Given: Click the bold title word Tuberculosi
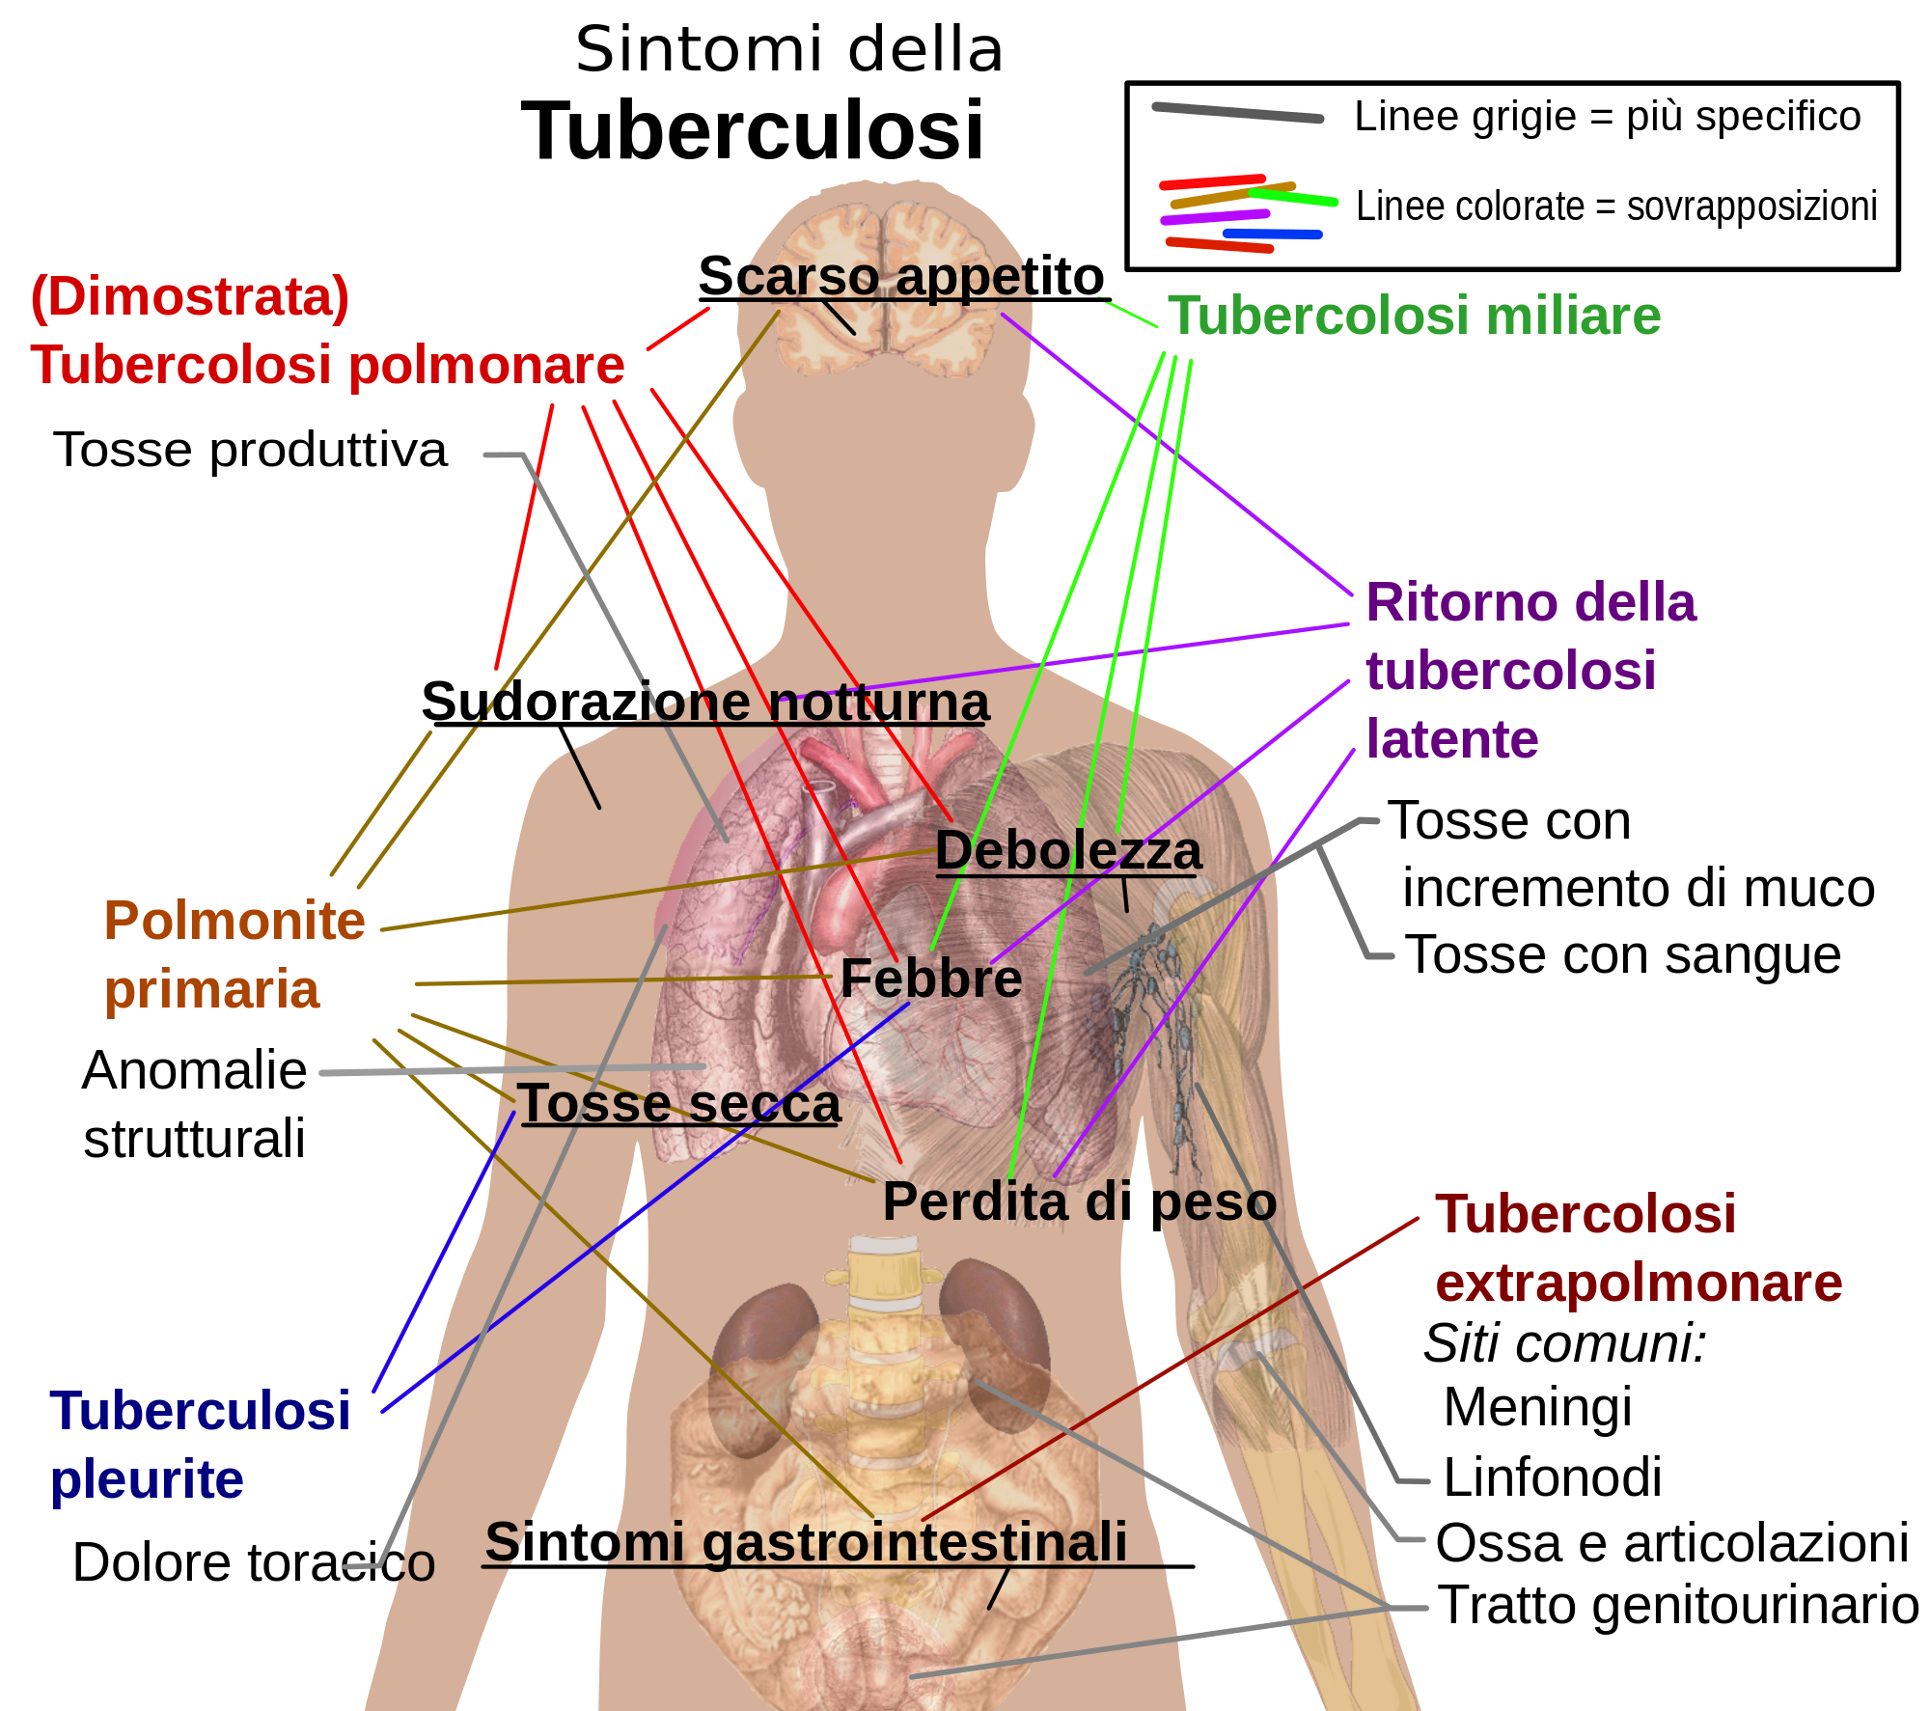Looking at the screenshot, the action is coord(753,130).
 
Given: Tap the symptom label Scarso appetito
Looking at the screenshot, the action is coord(901,277).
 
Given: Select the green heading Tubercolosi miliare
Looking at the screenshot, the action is coord(1415,316).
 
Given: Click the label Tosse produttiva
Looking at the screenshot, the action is coord(251,450).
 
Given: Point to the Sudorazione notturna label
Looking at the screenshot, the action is coord(705,702).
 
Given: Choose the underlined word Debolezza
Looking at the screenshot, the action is coord(1068,851).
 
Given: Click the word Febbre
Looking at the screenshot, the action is coord(931,979).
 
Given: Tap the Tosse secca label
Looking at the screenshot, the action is coord(679,1103).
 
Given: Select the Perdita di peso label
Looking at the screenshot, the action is coord(1080,1202).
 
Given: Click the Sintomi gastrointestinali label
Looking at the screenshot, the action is coord(806,1542).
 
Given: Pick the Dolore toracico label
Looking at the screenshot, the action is coord(254,1563).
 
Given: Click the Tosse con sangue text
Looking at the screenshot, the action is coord(1623,955).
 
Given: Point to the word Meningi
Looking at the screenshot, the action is coord(1538,1407).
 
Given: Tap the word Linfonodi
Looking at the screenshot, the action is coord(1553,1477).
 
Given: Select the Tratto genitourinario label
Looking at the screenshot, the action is coord(1678,1606).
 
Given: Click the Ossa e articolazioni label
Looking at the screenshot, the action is coord(1672,1543).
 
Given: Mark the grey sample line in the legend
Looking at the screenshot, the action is coord(1238,113).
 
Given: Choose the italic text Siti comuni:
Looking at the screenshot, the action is coord(1565,1343).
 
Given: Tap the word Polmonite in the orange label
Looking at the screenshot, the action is coord(234,921).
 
